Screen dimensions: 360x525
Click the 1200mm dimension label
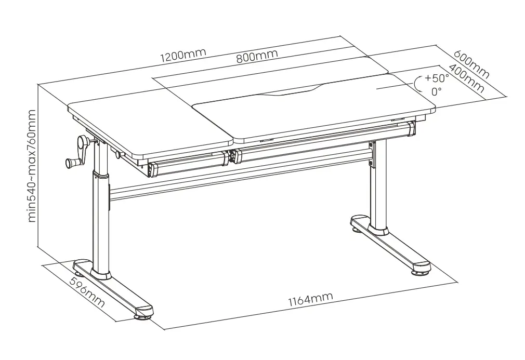pyautogui.click(x=182, y=55)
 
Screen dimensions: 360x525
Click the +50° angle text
pyautogui.click(x=436, y=78)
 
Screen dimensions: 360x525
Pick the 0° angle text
pyautogui.click(x=436, y=91)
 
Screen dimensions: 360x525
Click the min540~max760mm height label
pyautogui.click(x=32, y=166)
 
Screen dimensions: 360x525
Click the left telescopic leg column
pyautogui.click(x=100, y=218)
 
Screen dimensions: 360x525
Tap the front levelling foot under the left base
pyautogui.click(x=144, y=313)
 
